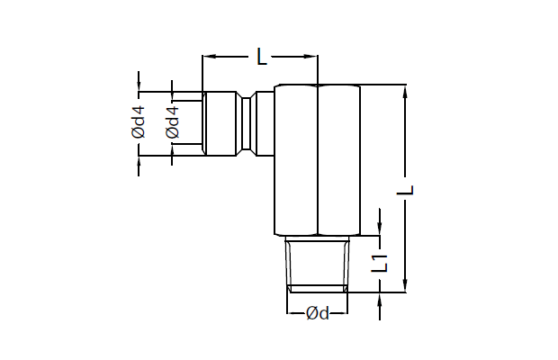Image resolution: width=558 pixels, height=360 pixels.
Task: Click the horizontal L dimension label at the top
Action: coord(262,57)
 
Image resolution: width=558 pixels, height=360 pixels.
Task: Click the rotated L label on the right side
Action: coord(405,190)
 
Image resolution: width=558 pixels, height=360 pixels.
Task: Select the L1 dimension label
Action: coord(380,263)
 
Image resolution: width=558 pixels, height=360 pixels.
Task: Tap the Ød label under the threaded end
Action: coord(318,313)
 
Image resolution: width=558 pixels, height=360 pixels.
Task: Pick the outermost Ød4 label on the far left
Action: coord(138,121)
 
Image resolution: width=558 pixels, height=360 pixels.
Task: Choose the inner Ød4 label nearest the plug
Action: coord(172,121)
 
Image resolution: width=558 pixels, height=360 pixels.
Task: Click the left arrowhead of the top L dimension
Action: coord(210,56)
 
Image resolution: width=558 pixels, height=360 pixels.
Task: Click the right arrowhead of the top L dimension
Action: coord(310,56)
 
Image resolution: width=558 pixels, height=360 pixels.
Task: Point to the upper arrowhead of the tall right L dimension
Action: coord(405,92)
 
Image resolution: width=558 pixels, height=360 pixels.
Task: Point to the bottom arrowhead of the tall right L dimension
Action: coord(405,285)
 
